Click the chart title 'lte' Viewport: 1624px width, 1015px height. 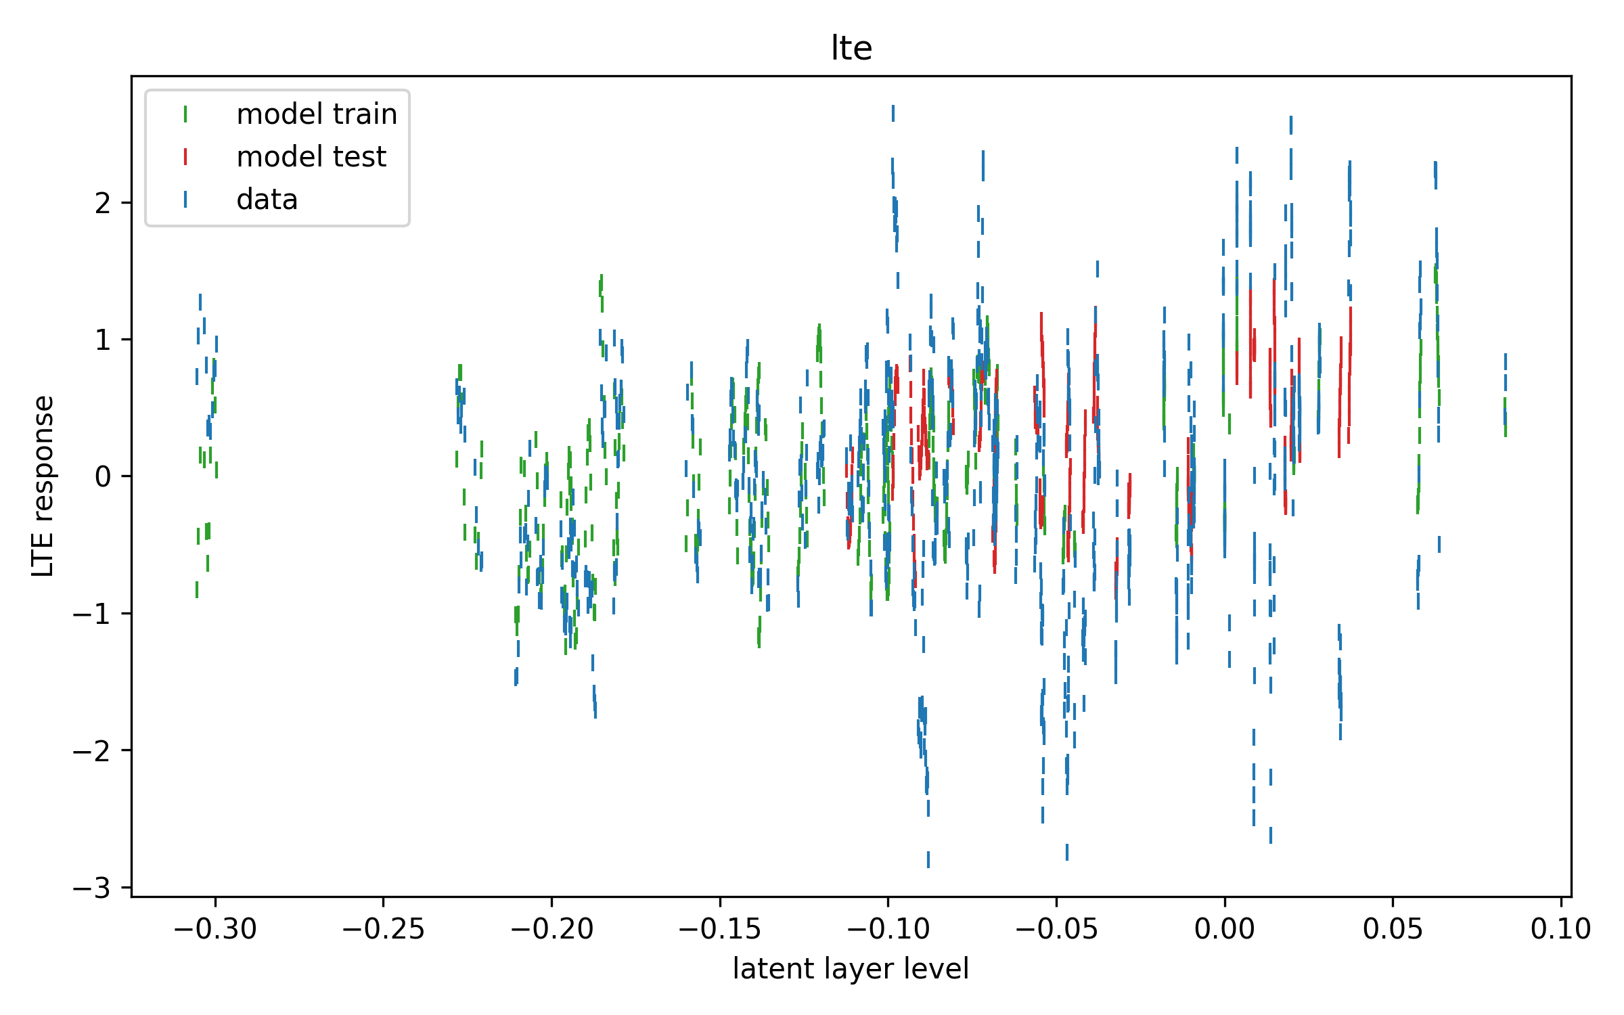(x=851, y=48)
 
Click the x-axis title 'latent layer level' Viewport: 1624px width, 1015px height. (x=851, y=969)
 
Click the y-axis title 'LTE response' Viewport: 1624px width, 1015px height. (x=43, y=486)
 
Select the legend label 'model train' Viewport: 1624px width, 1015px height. (x=317, y=114)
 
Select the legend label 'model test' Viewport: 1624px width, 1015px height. (x=311, y=157)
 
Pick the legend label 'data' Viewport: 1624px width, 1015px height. (x=267, y=200)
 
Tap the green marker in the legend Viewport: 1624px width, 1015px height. (x=185, y=114)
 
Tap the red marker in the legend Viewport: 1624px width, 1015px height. (x=185, y=157)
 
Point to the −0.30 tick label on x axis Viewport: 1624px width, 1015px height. (x=215, y=929)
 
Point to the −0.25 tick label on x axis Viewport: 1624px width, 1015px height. (x=383, y=929)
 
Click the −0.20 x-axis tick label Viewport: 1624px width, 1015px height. (x=551, y=929)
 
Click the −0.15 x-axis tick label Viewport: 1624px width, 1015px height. (x=719, y=929)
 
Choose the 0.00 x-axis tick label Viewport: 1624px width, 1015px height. (x=1224, y=929)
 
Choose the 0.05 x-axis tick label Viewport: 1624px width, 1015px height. (x=1393, y=929)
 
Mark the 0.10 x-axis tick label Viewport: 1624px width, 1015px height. (x=1560, y=929)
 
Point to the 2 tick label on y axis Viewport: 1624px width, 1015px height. (x=103, y=203)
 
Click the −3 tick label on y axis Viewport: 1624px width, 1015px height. (x=92, y=888)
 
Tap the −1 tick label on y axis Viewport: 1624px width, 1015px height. (x=92, y=614)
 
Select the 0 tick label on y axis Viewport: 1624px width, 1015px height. (x=103, y=477)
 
